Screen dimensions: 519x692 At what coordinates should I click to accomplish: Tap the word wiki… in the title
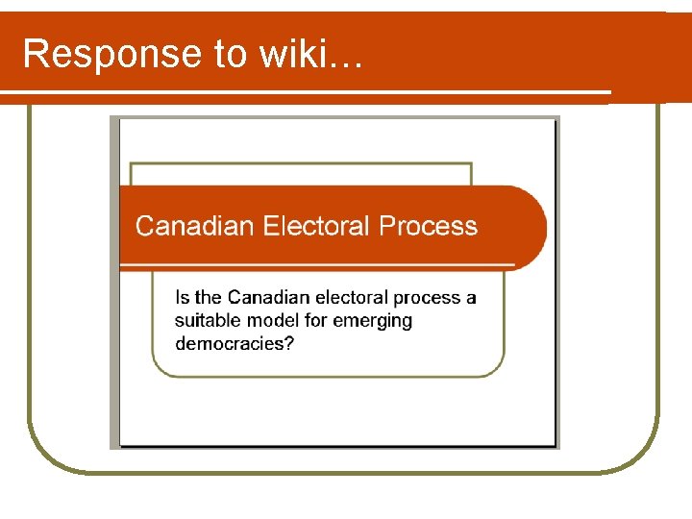310,55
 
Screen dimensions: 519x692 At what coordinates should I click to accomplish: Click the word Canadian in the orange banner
195,226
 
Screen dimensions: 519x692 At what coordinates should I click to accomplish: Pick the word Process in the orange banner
428,226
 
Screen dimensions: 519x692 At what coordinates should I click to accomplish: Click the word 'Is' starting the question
183,298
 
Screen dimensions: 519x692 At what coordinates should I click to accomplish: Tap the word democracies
230,343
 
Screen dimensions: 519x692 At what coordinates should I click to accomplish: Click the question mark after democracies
290,343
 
